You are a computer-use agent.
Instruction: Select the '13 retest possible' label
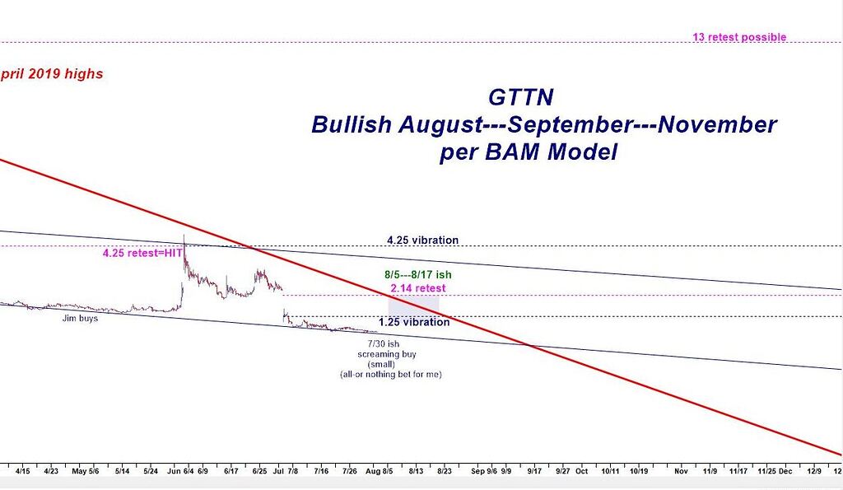coord(739,37)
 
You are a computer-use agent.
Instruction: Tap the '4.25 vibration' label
coord(422,240)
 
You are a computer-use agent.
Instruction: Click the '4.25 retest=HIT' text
coord(142,254)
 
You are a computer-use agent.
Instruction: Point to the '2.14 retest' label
coord(418,288)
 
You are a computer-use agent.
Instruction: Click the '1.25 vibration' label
coord(414,322)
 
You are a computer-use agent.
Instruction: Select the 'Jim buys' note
coord(80,317)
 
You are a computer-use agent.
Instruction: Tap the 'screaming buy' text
coord(387,354)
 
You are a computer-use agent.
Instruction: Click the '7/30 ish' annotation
coord(386,343)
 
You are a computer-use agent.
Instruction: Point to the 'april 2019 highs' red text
coord(51,74)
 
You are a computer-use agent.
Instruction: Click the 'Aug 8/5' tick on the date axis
coord(380,472)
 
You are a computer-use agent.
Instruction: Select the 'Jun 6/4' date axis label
coord(180,472)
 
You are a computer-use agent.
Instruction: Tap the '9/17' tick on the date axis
coord(533,472)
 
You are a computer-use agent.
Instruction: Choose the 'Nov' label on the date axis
coord(681,472)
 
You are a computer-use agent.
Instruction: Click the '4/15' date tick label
coord(23,472)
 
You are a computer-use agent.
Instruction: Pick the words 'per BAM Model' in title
coord(528,153)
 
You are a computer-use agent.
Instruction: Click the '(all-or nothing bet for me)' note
coord(386,375)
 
